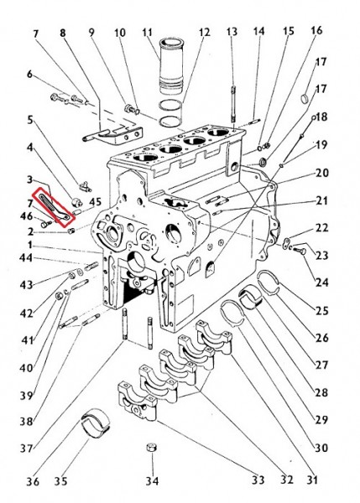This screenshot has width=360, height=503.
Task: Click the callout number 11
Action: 147,33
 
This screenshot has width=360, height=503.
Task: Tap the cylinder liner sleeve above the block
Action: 171,66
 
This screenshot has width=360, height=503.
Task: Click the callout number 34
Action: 152,480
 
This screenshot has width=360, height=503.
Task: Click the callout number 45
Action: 95,202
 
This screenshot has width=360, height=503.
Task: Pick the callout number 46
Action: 26,216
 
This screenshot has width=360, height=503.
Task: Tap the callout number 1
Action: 30,246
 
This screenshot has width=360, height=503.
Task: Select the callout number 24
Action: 321,283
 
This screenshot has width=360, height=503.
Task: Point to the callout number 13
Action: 232,32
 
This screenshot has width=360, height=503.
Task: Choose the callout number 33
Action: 258,480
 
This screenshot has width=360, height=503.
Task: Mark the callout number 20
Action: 321,174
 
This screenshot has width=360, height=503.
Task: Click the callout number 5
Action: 30,120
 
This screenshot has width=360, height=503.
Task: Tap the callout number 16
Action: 316,30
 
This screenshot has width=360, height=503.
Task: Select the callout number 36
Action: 33,481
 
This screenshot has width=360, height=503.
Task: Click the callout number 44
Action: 26,257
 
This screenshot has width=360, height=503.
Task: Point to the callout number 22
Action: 321,228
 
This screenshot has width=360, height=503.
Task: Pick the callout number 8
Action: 63,33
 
